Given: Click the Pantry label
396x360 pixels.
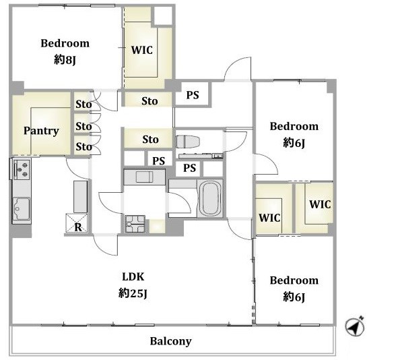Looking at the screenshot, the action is coord(41,131).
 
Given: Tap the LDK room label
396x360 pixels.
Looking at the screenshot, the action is coord(133,277).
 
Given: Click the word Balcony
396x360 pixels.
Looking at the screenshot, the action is coord(171,341).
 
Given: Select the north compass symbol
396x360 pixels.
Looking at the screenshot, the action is coord(355,326).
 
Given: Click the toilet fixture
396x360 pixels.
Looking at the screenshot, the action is coord(188,142).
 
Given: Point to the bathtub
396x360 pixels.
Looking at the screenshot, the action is coord(209,198).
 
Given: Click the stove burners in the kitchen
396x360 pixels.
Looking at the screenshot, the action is coord(22,169).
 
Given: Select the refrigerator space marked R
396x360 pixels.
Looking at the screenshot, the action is coord(77,223).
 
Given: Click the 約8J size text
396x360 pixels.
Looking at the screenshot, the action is coord(65,60).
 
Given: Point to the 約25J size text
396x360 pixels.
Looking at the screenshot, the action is coord(133,293).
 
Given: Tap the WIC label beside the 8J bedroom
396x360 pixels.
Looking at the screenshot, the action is coord(142,50).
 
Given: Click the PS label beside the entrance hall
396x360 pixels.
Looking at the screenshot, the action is coord(193,95).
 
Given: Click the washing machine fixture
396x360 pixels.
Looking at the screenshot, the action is coord(135,224).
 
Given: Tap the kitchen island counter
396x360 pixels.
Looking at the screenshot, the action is coord(81,196).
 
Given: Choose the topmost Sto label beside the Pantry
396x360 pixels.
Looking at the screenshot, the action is coord(84,104).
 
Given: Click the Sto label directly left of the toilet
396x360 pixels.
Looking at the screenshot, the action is coord(150,140).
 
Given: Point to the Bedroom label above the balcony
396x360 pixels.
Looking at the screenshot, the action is coord(294,280).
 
